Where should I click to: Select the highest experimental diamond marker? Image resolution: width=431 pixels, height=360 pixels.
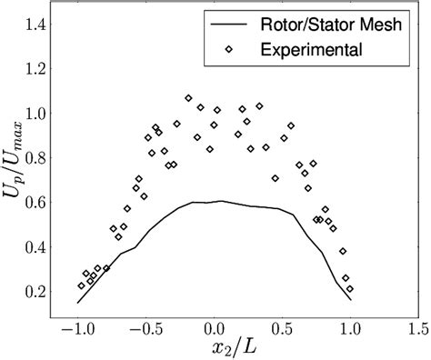188,98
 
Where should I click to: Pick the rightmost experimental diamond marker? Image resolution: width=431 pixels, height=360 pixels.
350,289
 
